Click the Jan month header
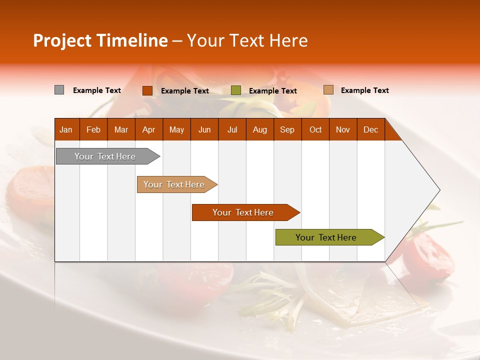(66, 129)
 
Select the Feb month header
(93, 129)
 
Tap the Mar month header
(121, 129)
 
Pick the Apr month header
(149, 129)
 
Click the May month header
(176, 129)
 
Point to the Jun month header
(204, 129)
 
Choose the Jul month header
(232, 129)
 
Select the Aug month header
(260, 129)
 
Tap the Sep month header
(287, 129)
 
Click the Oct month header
(315, 129)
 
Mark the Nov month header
(343, 129)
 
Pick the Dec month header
(371, 129)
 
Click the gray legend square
(59, 90)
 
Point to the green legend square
(236, 90)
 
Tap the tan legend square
(328, 90)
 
